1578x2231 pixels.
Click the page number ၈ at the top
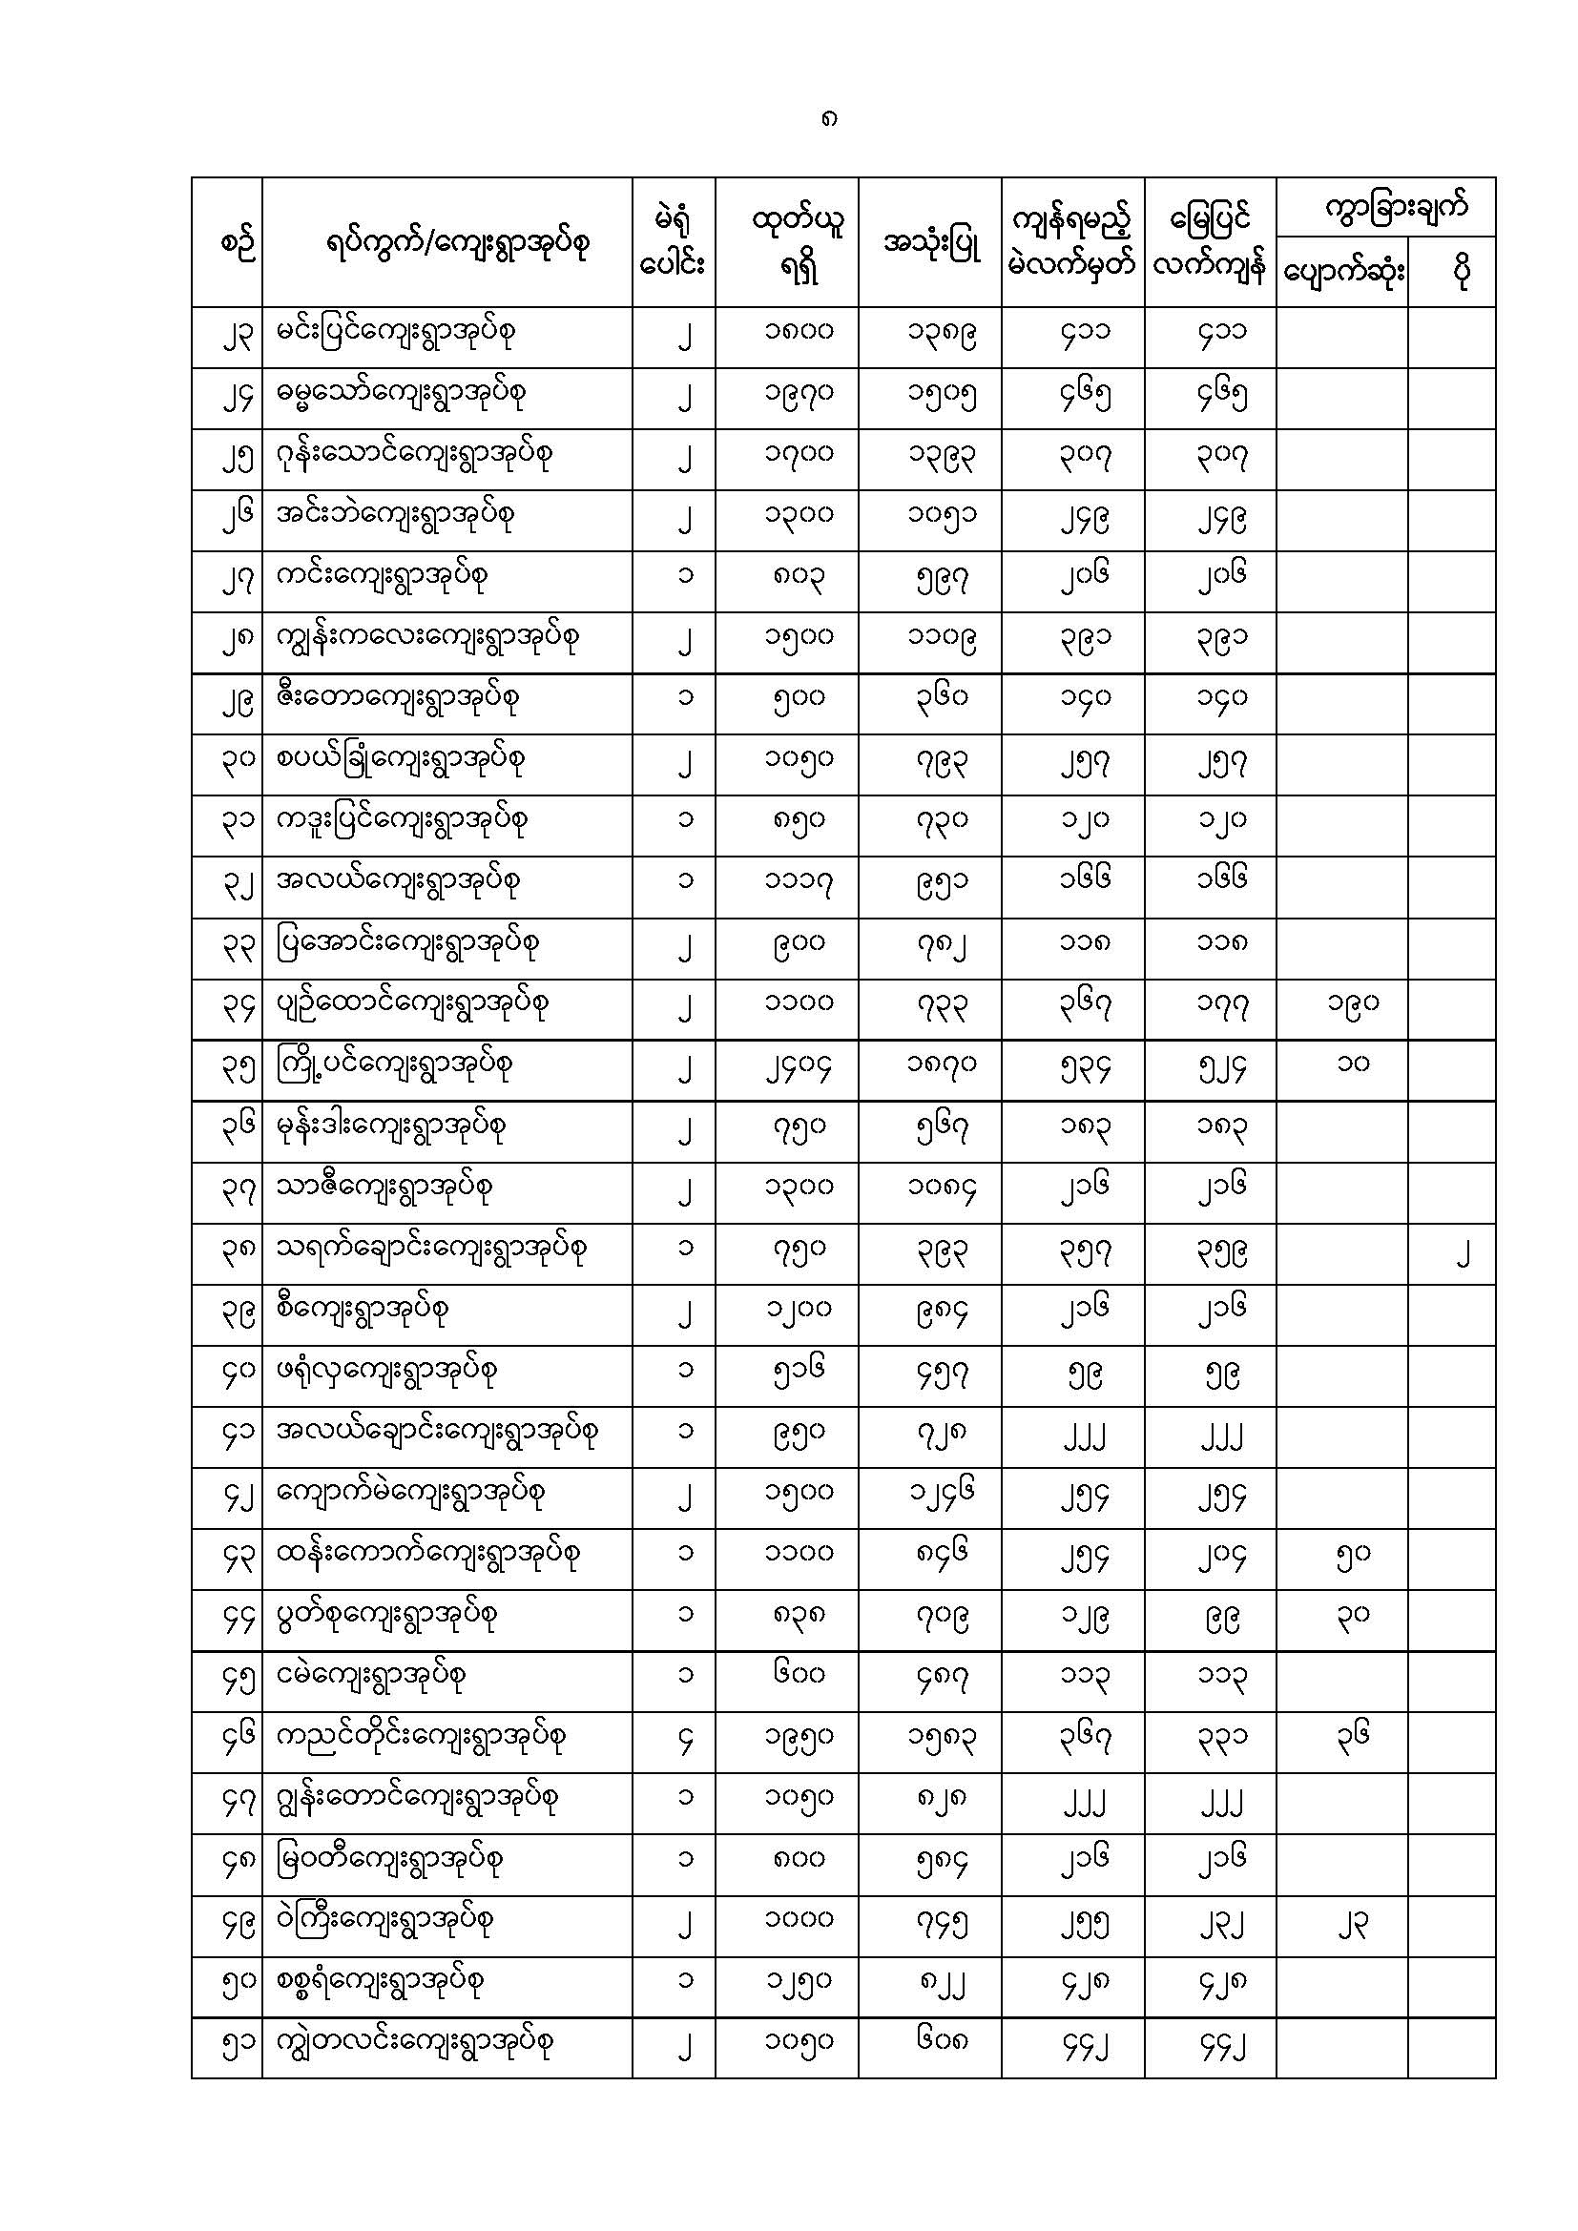pos(828,120)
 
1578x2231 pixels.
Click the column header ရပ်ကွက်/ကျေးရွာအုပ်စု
pos(459,243)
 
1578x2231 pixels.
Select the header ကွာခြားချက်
pos(1397,207)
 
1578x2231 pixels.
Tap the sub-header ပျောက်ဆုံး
pos(1342,274)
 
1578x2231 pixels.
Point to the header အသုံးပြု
pos(931,243)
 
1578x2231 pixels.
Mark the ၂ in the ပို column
pos(1462,1255)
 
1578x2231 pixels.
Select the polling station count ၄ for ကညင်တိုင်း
pos(685,1740)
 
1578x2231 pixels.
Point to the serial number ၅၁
pos(236,2044)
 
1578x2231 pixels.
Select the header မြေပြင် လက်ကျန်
pos(1210,243)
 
